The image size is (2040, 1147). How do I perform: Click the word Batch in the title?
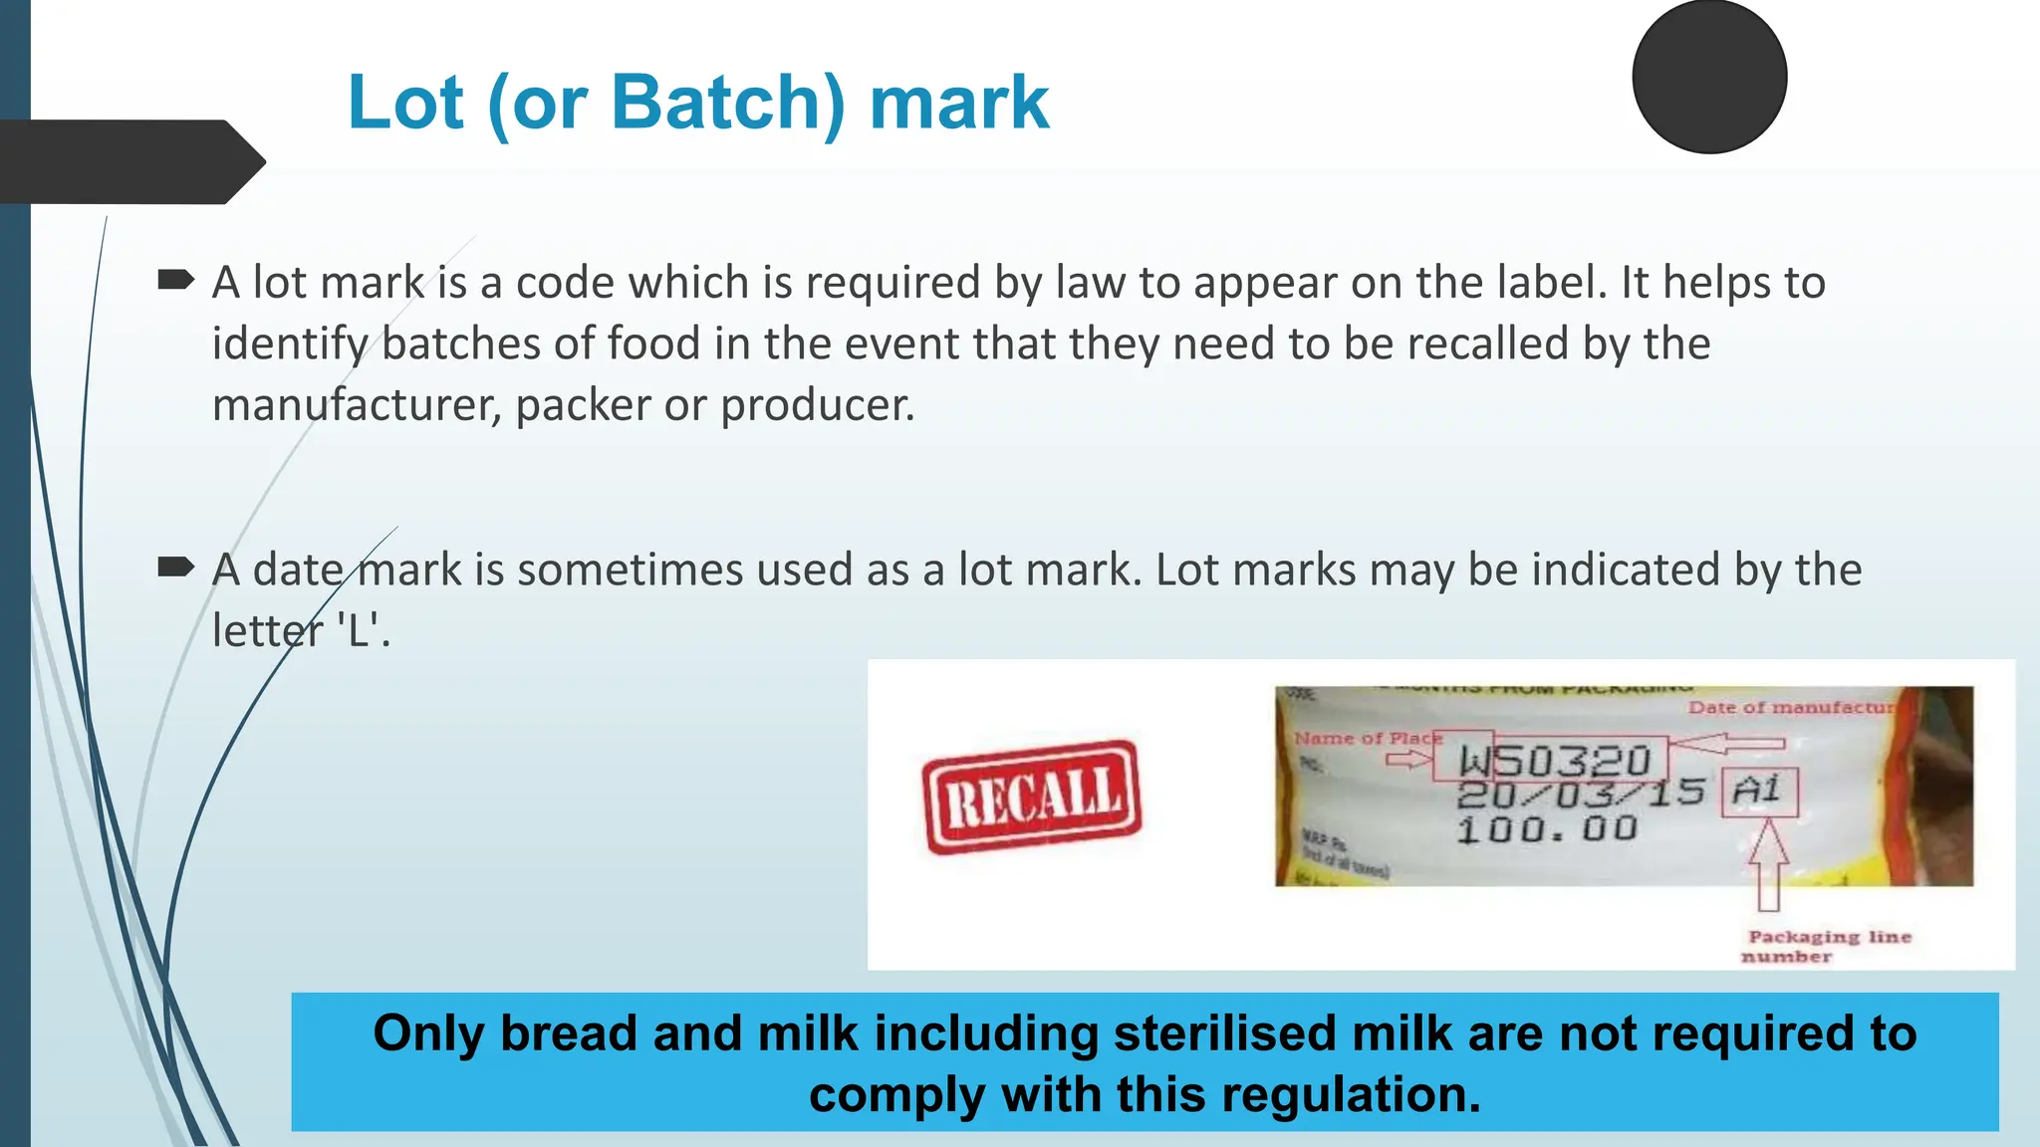tap(727, 103)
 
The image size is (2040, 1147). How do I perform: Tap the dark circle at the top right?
tap(1709, 78)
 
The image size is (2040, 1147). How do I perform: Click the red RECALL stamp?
tap(1032, 798)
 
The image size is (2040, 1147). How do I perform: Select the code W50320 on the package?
tap(1554, 762)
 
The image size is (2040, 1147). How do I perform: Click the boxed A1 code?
tap(1758, 792)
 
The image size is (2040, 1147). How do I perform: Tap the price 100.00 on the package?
tap(1547, 828)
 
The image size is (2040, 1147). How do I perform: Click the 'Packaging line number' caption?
tap(1828, 946)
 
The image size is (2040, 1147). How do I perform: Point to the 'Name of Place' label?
tap(1367, 738)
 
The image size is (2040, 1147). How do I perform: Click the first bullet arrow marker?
tap(175, 280)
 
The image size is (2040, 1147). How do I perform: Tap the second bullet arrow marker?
tap(175, 568)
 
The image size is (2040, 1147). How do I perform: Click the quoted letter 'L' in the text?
tap(358, 630)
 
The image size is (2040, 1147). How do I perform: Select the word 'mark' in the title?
tap(959, 103)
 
